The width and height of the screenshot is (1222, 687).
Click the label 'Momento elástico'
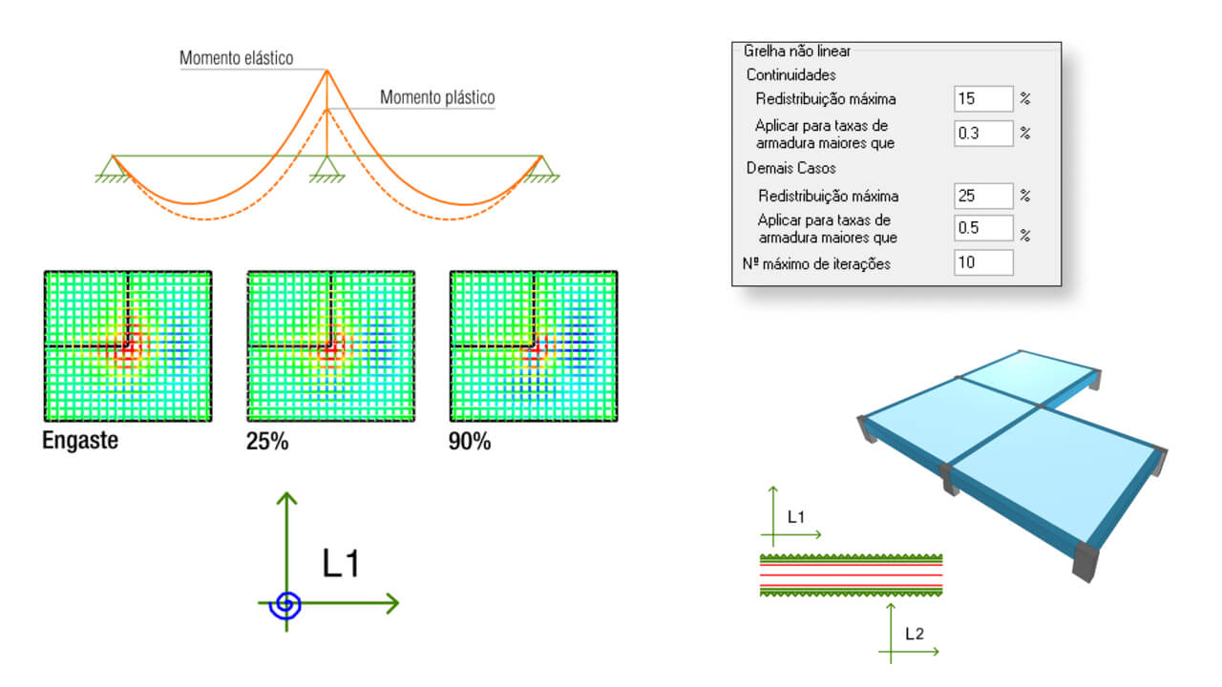pos(237,58)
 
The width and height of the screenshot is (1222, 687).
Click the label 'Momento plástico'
pos(437,97)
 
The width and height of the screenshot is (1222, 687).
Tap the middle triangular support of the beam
pos(327,169)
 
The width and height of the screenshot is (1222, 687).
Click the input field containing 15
pos(982,98)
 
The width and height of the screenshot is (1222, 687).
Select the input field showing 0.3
pos(982,134)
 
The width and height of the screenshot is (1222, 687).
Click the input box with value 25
pos(982,196)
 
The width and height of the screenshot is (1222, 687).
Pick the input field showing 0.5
pos(982,228)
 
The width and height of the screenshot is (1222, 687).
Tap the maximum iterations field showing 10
pos(982,262)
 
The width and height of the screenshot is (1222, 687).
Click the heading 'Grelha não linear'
pos(797,52)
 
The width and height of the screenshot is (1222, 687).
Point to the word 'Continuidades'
pos(791,74)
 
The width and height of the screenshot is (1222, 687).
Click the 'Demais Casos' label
pos(791,168)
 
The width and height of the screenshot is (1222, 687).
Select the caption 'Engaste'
pos(80,443)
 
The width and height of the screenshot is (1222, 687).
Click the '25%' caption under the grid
pos(267,443)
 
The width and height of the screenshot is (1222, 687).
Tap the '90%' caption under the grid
pos(470,443)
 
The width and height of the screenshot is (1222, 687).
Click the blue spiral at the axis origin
pos(285,603)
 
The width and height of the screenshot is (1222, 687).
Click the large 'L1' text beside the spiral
pos(341,564)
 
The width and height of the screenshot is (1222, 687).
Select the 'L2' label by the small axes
pos(915,634)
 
